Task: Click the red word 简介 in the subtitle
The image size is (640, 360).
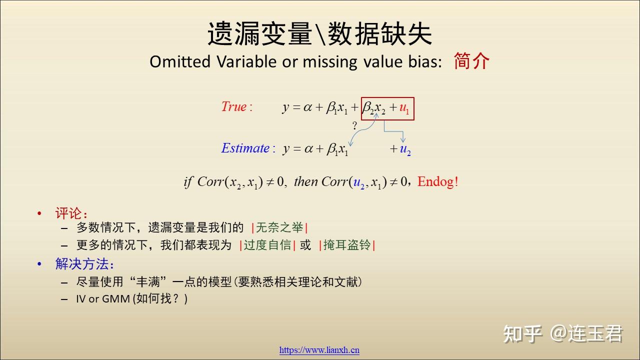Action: tap(471, 61)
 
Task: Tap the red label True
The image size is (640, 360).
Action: tap(234, 106)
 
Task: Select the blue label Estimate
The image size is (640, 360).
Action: tap(245, 148)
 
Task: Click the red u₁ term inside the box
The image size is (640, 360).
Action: tap(404, 108)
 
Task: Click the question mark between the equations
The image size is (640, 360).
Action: tap(354, 125)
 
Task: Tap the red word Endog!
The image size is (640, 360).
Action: tap(437, 181)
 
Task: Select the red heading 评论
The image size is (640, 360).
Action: tap(68, 213)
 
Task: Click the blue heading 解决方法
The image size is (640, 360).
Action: tap(81, 263)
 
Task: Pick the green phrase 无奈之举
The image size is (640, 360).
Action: tap(279, 227)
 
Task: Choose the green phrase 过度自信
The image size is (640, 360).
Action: tap(267, 245)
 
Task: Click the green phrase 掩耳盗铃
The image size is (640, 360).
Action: tap(347, 245)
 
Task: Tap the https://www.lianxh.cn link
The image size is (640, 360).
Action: tap(319, 350)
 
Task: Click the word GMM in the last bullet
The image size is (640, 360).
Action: tap(115, 299)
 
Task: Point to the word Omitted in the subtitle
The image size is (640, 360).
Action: tap(180, 61)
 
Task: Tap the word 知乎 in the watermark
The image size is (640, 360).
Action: tap(522, 333)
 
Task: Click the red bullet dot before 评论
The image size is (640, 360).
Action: tap(39, 213)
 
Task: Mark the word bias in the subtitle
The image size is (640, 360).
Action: tap(425, 61)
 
